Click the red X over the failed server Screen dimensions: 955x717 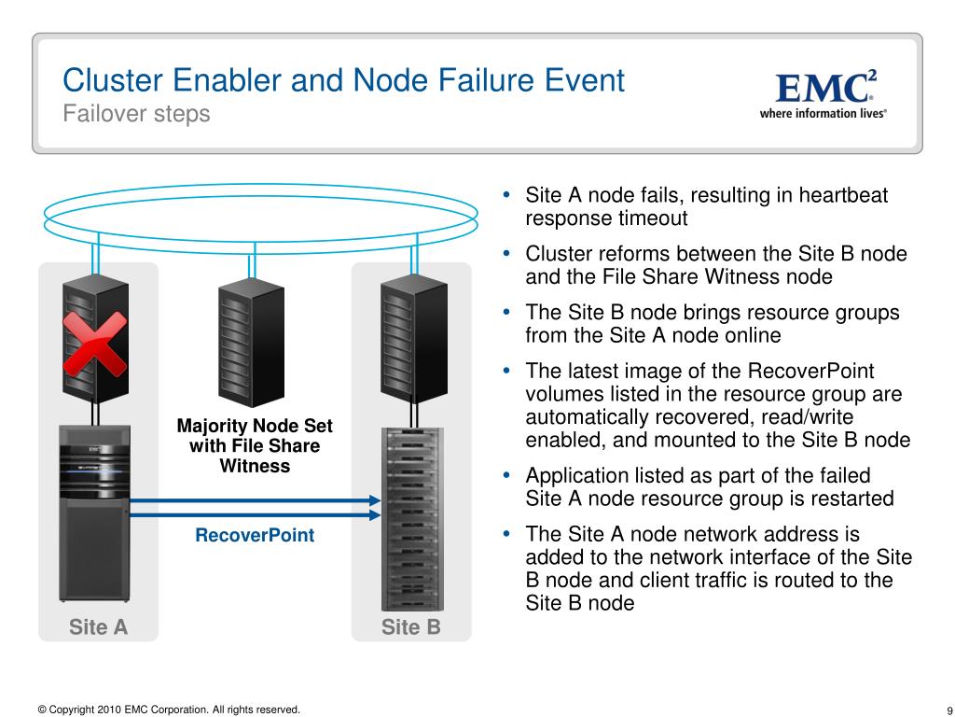[94, 342]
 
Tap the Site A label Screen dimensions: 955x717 [98, 627]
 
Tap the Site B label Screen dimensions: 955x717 [410, 627]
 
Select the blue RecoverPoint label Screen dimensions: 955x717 [255, 536]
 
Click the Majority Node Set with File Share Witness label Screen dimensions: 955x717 [255, 445]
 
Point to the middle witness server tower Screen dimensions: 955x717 [250, 341]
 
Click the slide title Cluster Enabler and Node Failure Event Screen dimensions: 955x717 [343, 80]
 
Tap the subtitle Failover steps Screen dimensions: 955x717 [136, 114]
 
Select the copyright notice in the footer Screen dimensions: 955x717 [169, 710]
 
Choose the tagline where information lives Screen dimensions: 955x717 [822, 113]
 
